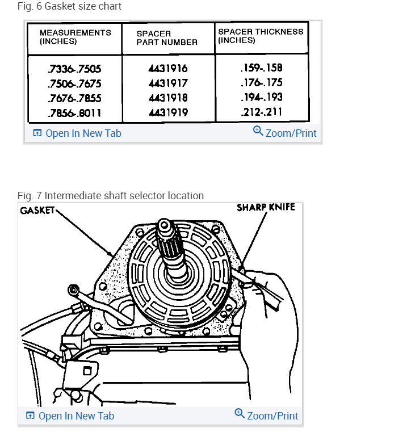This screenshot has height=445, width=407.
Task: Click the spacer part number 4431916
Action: (x=167, y=69)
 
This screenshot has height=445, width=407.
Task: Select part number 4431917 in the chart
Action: (x=167, y=83)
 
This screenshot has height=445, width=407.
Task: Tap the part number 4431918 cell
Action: (x=167, y=98)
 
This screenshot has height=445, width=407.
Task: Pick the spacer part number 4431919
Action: (x=167, y=112)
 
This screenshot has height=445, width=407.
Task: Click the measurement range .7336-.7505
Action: (x=74, y=69)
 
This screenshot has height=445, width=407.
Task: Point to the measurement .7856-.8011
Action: (x=74, y=112)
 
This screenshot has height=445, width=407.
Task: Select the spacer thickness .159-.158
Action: (x=261, y=68)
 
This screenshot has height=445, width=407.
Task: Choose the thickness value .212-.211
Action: (x=261, y=111)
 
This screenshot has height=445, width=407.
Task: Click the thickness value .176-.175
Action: (x=261, y=83)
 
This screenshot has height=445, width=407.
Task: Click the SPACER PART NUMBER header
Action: (x=167, y=38)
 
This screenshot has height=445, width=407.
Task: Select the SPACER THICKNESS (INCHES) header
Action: (x=261, y=36)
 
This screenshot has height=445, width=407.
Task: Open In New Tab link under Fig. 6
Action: (x=77, y=133)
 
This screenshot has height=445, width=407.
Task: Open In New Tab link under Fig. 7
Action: (x=70, y=416)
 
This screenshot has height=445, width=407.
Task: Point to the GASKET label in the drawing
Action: (x=37, y=211)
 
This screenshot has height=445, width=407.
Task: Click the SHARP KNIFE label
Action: (x=266, y=207)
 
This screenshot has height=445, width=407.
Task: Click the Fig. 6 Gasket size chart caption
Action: (x=69, y=6)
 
